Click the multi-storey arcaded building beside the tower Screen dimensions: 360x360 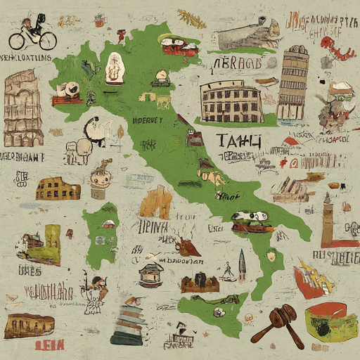click(231, 103)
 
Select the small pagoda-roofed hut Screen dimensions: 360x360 click(151, 274)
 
